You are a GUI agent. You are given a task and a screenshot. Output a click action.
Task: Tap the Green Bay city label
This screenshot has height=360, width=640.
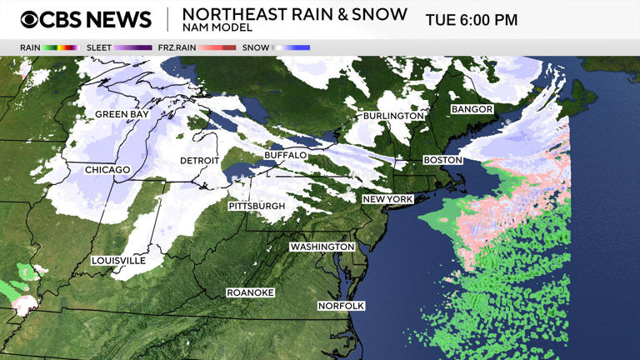tap(122, 114)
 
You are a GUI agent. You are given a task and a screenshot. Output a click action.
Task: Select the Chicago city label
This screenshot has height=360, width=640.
tap(107, 170)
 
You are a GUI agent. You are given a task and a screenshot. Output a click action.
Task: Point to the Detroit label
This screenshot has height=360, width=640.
tap(200, 161)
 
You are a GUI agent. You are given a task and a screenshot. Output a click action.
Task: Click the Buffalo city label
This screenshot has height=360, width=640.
tap(286, 156)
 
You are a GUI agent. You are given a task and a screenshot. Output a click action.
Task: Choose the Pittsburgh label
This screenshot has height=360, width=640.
tap(257, 206)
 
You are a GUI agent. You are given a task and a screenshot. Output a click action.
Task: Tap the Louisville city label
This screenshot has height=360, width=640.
tap(119, 261)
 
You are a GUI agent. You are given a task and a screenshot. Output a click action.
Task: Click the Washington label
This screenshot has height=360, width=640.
tap(322, 247)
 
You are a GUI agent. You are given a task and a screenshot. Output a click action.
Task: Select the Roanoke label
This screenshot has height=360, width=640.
tap(250, 292)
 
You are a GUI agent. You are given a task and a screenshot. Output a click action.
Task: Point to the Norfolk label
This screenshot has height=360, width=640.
tap(342, 306)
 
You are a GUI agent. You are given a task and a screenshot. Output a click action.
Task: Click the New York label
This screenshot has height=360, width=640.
tap(387, 200)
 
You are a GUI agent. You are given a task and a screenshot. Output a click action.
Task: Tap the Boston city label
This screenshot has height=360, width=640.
tap(442, 160)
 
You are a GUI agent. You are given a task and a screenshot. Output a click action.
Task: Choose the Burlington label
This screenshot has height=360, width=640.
tap(393, 116)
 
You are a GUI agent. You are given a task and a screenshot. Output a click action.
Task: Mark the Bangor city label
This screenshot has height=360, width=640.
tap(472, 110)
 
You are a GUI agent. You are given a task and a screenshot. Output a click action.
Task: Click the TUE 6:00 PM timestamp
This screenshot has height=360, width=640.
tap(472, 20)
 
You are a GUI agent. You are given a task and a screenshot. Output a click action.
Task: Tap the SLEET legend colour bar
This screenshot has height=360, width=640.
tap(133, 47)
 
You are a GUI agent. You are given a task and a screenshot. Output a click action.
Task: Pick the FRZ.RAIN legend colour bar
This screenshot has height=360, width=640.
tap(217, 47)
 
